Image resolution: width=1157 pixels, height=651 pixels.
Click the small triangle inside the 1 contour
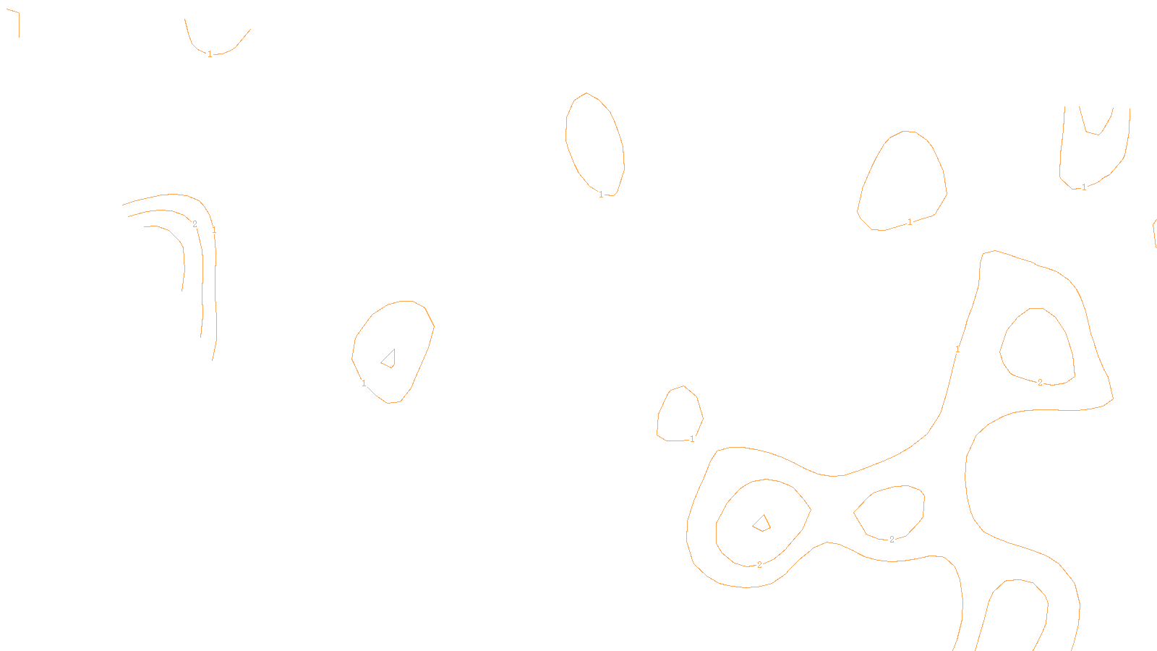pyautogui.click(x=389, y=359)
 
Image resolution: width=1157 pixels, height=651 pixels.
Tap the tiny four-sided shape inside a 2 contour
pyautogui.click(x=761, y=523)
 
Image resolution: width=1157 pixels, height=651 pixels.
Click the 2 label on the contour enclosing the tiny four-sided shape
pyautogui.click(x=759, y=565)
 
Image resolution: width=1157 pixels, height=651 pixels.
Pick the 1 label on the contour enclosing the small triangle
pyautogui.click(x=364, y=383)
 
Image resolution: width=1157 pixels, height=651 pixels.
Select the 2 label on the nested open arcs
pyautogui.click(x=195, y=224)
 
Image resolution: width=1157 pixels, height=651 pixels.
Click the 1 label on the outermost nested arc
pyautogui.click(x=214, y=230)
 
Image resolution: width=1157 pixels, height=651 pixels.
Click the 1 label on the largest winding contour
pyautogui.click(x=957, y=349)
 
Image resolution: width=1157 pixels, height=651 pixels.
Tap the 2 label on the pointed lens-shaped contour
pyautogui.click(x=892, y=540)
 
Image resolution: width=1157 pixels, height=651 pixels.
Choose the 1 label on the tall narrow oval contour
pyautogui.click(x=601, y=195)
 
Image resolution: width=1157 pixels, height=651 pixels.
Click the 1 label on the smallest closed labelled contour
pyautogui.click(x=692, y=439)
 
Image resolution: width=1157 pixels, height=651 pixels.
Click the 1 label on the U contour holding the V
pyautogui.click(x=1084, y=187)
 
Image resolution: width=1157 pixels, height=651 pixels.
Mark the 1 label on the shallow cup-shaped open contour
pyautogui.click(x=210, y=54)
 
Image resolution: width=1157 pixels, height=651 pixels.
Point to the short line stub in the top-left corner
pyautogui.click(x=17, y=23)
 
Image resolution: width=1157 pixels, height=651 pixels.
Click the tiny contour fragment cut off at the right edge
pyautogui.click(x=1154, y=233)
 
